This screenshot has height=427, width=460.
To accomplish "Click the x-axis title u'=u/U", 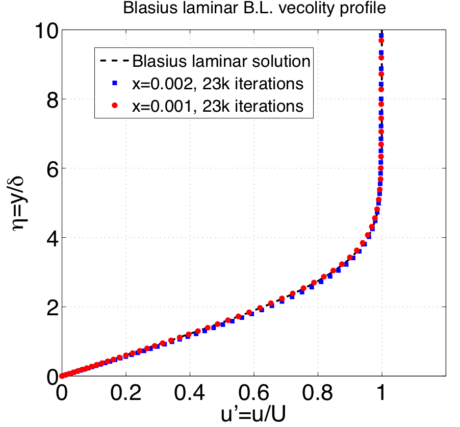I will coord(221,414).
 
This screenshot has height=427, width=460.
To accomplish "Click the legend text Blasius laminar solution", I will coord(221,61).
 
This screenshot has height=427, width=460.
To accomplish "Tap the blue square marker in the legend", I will coord(115,83).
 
